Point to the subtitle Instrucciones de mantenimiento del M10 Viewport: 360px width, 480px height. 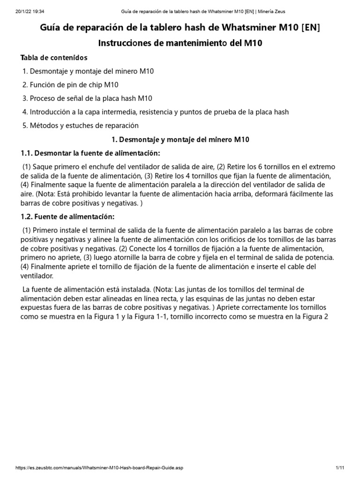coord(180,44)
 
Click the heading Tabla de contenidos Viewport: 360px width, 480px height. coord(54,58)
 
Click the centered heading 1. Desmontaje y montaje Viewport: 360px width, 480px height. coord(180,140)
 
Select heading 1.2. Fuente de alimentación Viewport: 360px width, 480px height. coord(67,217)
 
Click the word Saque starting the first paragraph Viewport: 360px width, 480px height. coord(43,167)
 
